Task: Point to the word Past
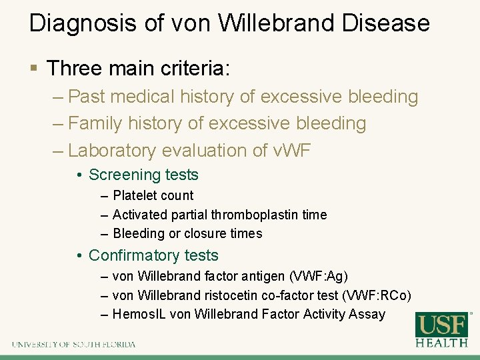point(88,97)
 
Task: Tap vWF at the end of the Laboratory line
point(291,151)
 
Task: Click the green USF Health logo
point(441,329)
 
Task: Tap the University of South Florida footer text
point(73,345)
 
